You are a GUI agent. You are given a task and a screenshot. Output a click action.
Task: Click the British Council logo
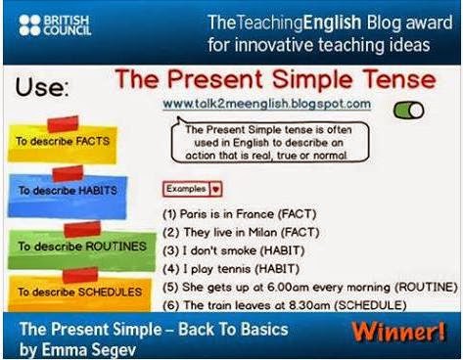point(55,25)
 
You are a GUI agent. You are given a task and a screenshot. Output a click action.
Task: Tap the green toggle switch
point(408,110)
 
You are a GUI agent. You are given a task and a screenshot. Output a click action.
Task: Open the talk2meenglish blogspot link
point(267,104)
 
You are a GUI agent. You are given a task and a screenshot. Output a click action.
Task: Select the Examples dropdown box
point(193,189)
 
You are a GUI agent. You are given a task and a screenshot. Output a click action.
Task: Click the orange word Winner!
point(398,332)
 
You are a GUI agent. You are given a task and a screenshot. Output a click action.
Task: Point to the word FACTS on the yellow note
point(93,141)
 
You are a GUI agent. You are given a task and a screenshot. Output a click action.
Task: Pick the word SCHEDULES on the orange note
point(110,292)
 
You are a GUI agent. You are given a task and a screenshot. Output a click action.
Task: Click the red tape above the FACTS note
point(63,124)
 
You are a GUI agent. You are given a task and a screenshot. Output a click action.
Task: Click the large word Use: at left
point(42,87)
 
